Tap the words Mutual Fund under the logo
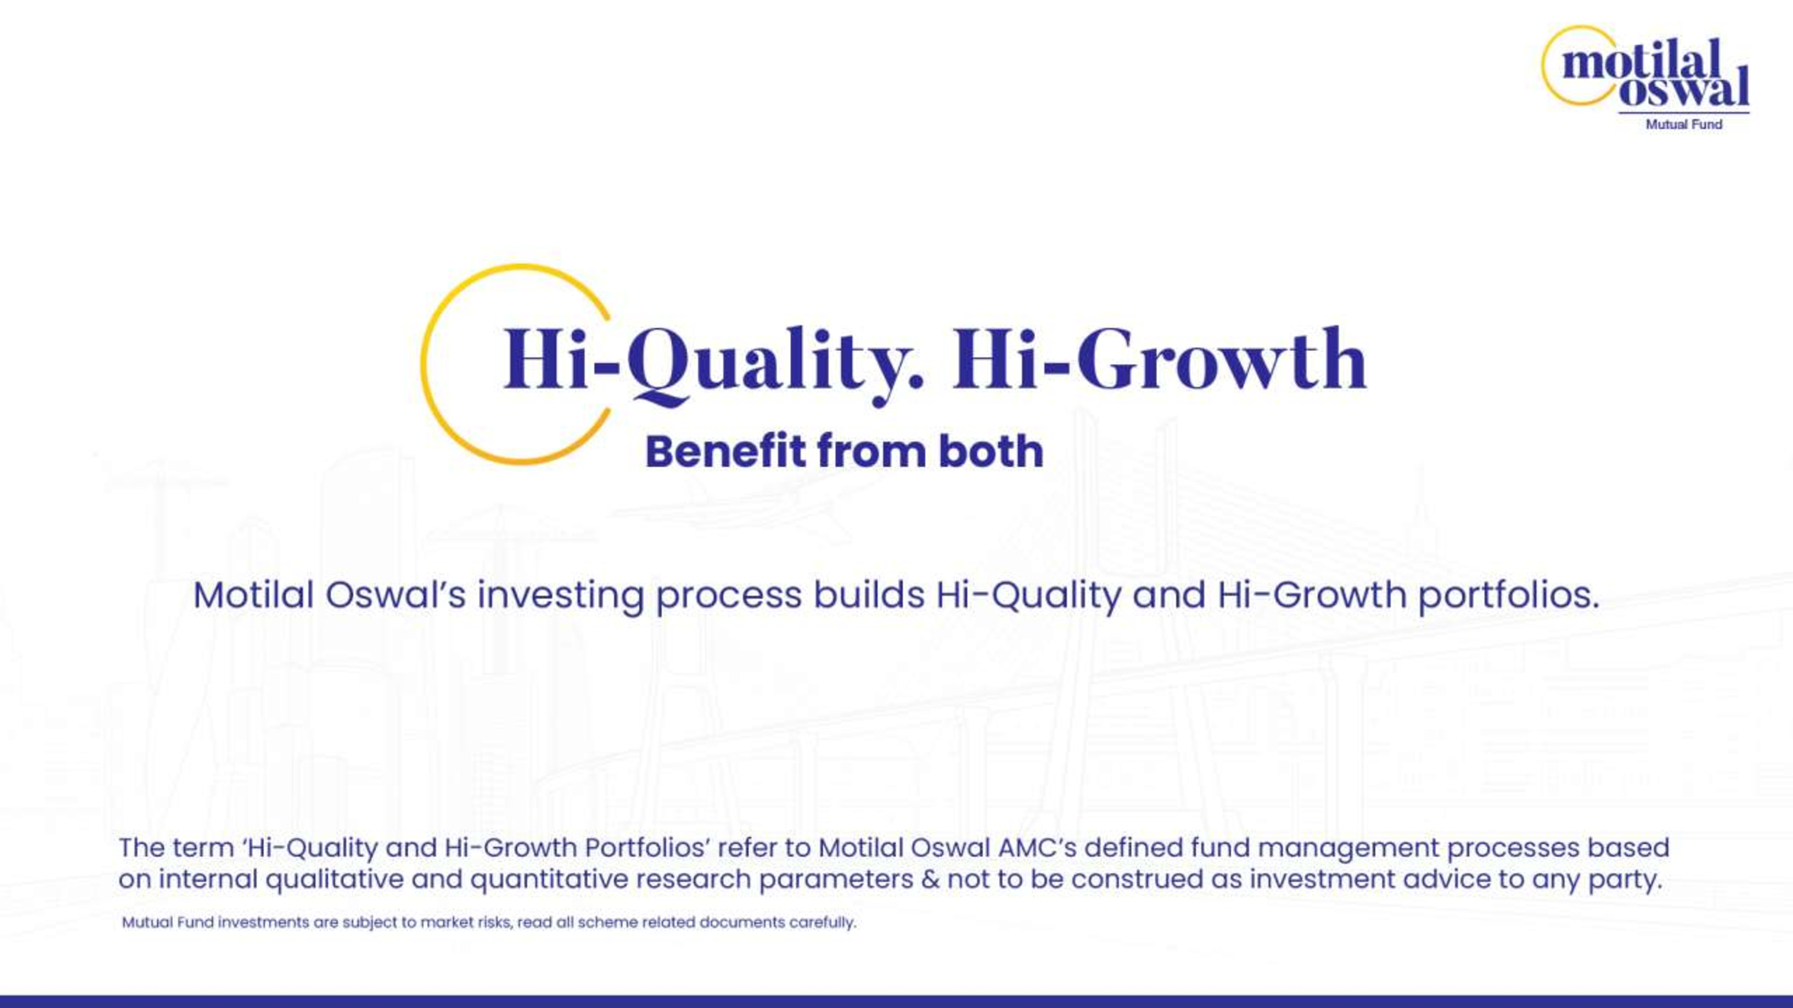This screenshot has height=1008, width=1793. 1684,125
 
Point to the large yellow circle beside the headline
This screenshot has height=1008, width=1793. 422,364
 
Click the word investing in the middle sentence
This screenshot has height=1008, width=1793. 560,596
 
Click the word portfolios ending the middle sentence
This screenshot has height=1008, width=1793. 1508,596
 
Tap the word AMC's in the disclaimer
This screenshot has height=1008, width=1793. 1037,848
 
